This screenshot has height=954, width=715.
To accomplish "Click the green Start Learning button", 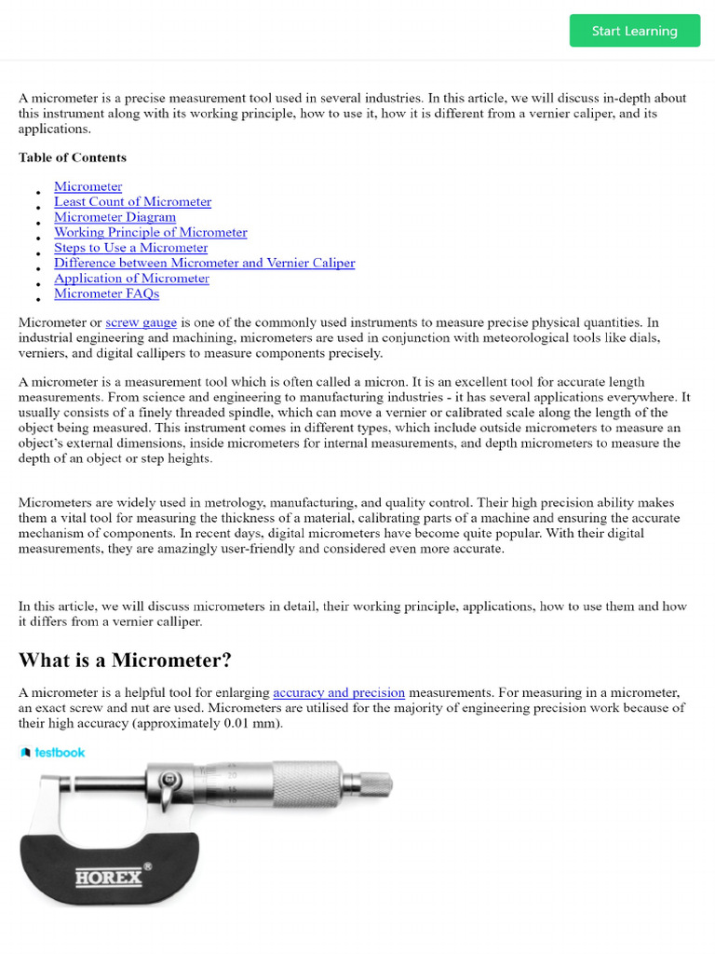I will click(x=635, y=31).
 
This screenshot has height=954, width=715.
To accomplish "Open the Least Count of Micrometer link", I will click(x=132, y=201).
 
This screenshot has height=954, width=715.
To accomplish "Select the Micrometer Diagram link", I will click(x=115, y=217).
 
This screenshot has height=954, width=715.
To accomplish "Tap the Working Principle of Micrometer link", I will click(x=150, y=232).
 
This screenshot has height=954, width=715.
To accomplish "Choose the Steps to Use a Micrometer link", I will click(x=130, y=248).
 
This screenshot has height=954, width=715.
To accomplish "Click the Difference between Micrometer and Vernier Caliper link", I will click(x=204, y=263).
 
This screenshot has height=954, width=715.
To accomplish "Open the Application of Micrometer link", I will click(x=131, y=279).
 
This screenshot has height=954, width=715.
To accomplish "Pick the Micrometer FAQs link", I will click(x=106, y=293).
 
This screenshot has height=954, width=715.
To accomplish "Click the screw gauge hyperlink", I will click(x=141, y=322).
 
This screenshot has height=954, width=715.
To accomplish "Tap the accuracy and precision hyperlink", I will click(x=339, y=692).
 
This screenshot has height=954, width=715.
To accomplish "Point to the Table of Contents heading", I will click(x=73, y=157).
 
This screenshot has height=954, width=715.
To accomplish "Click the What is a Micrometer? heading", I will click(x=125, y=661).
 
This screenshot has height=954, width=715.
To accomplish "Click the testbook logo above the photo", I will click(x=52, y=752).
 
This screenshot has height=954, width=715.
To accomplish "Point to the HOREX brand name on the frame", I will click(x=109, y=877).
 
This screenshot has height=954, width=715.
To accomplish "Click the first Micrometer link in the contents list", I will click(x=88, y=186).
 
